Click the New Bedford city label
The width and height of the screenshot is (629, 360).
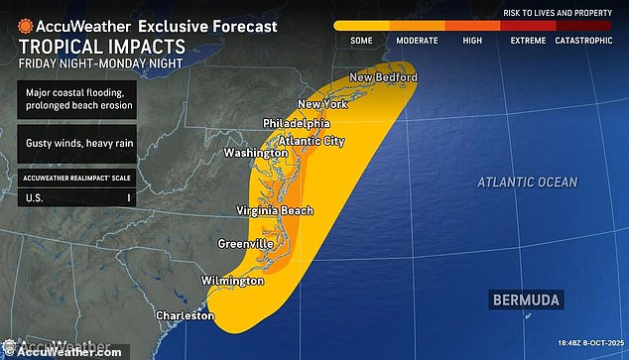click(382, 78)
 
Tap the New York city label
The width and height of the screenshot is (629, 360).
click(323, 105)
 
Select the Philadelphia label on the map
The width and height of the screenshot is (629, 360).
click(296, 123)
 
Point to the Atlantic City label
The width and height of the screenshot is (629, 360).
click(313, 140)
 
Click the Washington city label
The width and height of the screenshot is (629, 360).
click(256, 154)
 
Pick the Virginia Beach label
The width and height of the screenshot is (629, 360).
click(275, 210)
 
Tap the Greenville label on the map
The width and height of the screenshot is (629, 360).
click(245, 243)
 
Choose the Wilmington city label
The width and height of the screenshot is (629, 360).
click(233, 281)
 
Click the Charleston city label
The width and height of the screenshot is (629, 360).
click(185, 315)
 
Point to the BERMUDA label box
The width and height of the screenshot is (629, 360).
click(526, 300)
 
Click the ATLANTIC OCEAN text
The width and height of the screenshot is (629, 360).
click(526, 182)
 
